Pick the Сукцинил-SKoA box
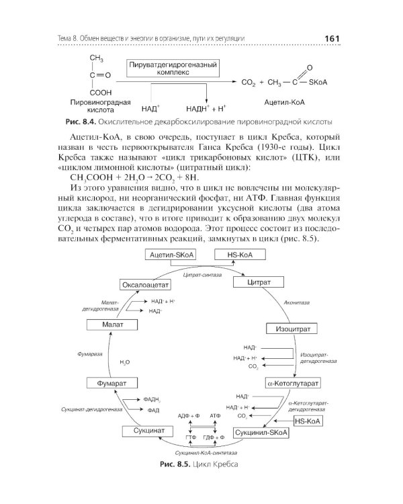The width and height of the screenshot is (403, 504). click(x=260, y=432)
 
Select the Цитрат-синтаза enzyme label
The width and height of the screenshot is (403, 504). click(x=201, y=276)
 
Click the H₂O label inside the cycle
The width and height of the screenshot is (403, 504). click(x=124, y=362)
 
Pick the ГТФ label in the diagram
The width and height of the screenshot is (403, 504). click(x=190, y=437)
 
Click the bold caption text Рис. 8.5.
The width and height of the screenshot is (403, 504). click(x=173, y=465)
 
